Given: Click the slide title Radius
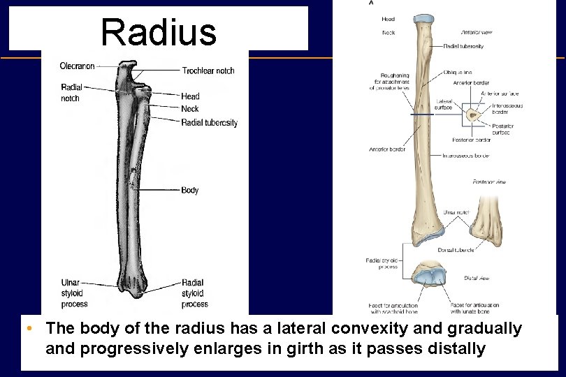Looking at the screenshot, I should (x=159, y=32).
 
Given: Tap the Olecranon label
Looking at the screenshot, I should (x=77, y=66).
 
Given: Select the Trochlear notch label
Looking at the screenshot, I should (x=208, y=71).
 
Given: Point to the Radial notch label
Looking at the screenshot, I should (x=71, y=93).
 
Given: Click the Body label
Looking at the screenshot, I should (x=190, y=190).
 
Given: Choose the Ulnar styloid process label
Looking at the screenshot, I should (x=75, y=293).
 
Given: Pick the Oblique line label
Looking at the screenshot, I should (x=458, y=72).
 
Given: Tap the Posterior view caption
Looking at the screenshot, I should (x=489, y=182).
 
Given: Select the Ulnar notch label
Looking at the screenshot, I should (x=455, y=212).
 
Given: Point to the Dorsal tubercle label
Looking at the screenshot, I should (x=456, y=250).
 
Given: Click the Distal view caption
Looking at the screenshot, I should (x=477, y=279).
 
